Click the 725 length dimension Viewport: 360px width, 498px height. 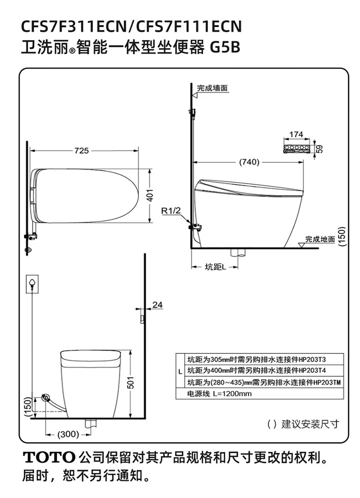(82, 150)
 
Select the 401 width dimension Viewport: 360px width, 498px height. (150, 195)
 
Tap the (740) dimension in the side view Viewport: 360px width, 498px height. (249, 162)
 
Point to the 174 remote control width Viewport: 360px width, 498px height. (296, 135)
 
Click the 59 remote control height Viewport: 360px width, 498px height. (320, 149)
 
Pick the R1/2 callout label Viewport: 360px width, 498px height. (171, 210)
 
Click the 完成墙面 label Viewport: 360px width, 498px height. (212, 88)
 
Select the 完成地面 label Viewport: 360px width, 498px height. (320, 239)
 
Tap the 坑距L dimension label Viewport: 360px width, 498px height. (215, 267)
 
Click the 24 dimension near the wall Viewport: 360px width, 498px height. (158, 305)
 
